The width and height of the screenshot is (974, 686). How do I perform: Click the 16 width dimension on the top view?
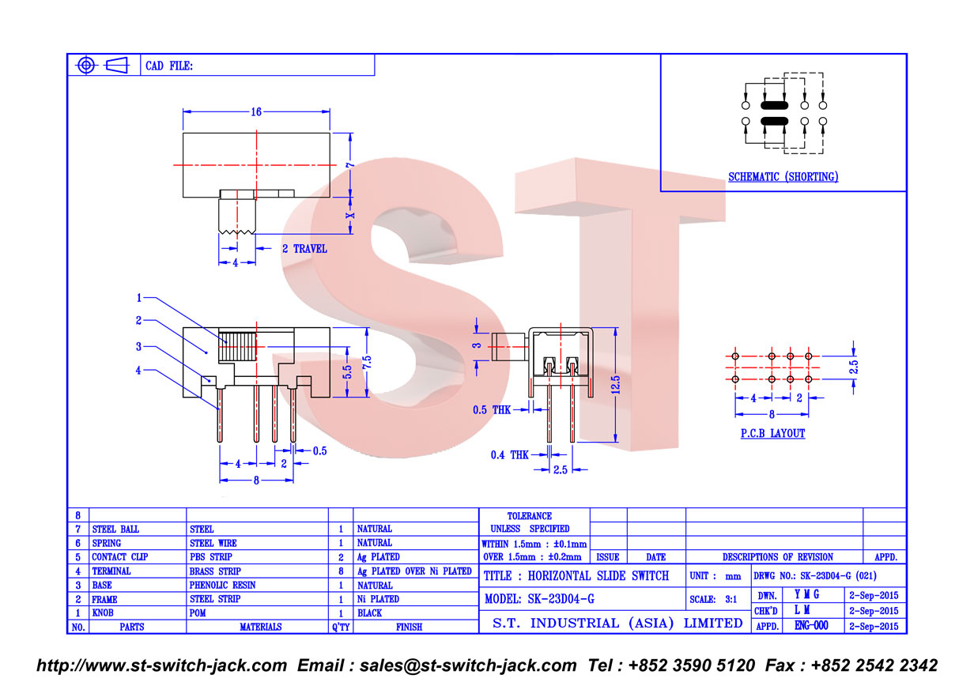click(256, 111)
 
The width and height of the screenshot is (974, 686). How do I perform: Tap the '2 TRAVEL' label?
click(304, 249)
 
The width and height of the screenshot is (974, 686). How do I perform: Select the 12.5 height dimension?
click(615, 385)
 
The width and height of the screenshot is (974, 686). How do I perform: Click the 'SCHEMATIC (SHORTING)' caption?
click(783, 176)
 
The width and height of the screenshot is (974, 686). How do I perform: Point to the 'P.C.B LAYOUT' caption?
click(772, 433)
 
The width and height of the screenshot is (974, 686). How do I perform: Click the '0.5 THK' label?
click(492, 409)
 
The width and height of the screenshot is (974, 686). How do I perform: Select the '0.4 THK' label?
click(510, 454)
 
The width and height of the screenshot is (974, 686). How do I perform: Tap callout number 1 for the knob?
click(139, 298)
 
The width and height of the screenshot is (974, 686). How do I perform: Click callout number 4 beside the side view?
click(138, 371)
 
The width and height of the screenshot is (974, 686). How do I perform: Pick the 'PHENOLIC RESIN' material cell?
click(222, 585)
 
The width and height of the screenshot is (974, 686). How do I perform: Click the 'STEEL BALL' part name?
click(115, 529)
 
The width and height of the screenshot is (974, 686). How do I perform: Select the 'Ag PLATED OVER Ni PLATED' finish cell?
click(414, 571)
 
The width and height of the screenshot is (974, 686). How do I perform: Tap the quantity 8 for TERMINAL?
click(341, 571)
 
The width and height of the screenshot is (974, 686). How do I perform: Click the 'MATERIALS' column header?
click(260, 627)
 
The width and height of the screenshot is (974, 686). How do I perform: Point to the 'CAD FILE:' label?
click(168, 66)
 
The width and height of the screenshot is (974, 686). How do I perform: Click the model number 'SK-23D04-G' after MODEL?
click(561, 599)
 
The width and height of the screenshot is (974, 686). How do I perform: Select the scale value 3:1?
click(730, 600)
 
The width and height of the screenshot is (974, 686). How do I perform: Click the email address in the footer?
click(468, 665)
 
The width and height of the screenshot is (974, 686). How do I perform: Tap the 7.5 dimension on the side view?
click(367, 362)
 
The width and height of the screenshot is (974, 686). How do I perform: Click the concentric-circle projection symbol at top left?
click(86, 66)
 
